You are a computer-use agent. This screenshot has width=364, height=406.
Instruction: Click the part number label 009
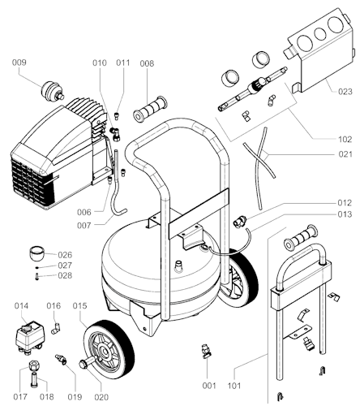(x=19, y=63)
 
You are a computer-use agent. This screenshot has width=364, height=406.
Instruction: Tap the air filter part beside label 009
(x=53, y=91)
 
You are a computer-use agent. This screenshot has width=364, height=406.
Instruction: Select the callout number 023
(x=345, y=92)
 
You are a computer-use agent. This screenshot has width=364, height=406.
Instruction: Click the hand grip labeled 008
(x=150, y=110)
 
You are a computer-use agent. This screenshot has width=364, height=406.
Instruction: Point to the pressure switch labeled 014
(x=30, y=337)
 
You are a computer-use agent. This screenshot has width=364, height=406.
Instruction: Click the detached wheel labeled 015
(x=108, y=349)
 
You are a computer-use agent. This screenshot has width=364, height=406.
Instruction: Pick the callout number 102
(x=345, y=140)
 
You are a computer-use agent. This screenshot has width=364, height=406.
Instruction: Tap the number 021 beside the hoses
(x=345, y=154)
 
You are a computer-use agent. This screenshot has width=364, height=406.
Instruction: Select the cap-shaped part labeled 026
(x=36, y=253)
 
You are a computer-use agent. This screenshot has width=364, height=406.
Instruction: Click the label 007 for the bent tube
(x=84, y=225)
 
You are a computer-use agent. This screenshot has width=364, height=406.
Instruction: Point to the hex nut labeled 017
(x=34, y=366)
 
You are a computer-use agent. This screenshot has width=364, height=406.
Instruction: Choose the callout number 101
(x=234, y=386)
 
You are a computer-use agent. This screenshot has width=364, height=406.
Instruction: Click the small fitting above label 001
(x=206, y=351)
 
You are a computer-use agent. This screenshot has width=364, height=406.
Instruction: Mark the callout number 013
(x=345, y=214)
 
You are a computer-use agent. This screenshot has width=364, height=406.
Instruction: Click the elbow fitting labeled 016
(x=56, y=328)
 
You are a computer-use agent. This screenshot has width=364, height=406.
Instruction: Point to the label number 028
(x=65, y=275)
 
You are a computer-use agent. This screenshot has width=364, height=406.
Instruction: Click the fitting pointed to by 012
(x=239, y=221)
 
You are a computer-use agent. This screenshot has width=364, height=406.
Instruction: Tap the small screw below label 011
(x=117, y=116)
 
